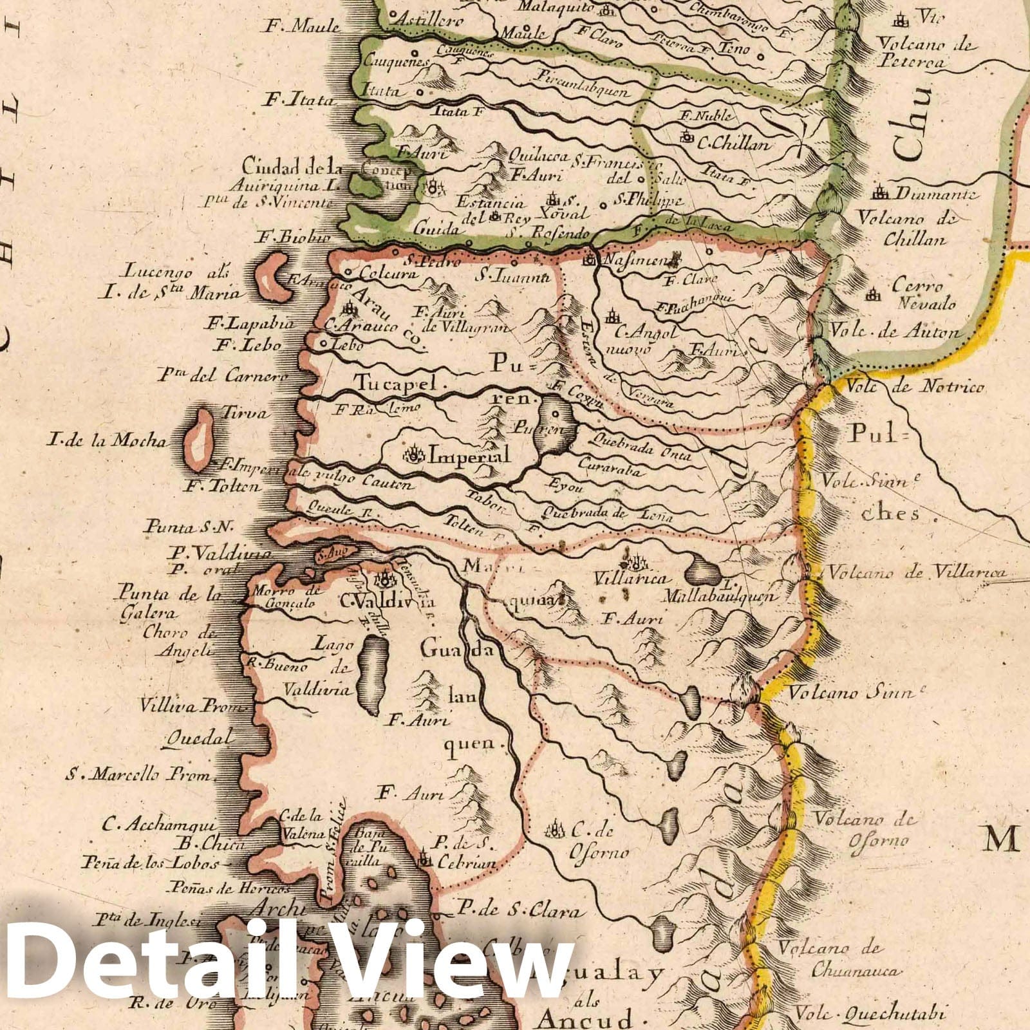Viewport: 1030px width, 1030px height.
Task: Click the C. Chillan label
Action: pos(733,144)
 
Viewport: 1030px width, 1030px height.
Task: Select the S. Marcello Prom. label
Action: pos(138,775)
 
